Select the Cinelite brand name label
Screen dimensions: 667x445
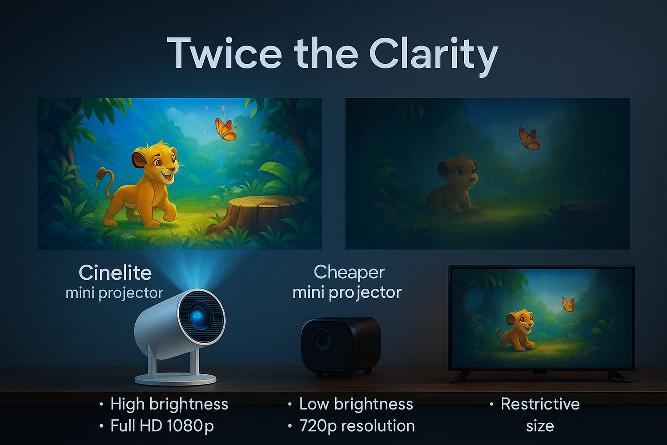click(x=115, y=273)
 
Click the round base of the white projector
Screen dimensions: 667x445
click(x=176, y=379)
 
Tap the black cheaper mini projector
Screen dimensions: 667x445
click(x=341, y=346)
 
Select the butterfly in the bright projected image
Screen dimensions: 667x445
click(x=226, y=129)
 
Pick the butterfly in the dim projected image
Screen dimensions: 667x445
click(x=529, y=138)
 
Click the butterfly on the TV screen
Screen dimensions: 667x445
click(x=568, y=304)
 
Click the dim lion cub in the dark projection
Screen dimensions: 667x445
click(x=454, y=185)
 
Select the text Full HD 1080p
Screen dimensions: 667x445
click(x=162, y=425)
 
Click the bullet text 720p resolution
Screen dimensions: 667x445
click(x=357, y=425)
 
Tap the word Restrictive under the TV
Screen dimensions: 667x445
click(x=540, y=404)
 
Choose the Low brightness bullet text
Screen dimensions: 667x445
click(x=356, y=404)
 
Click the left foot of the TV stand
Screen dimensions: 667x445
click(x=460, y=377)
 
